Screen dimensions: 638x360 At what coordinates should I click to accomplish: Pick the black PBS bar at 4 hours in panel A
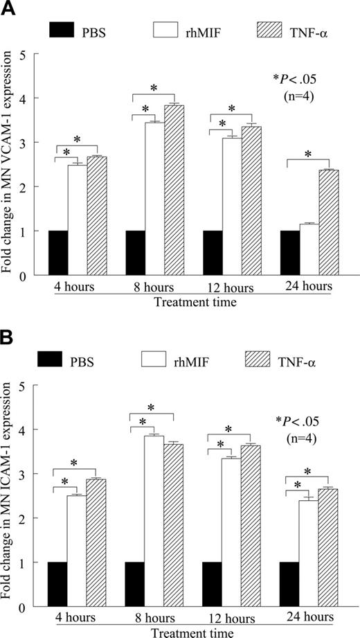click(x=58, y=253)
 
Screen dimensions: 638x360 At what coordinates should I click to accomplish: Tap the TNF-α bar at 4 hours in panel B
click(x=96, y=542)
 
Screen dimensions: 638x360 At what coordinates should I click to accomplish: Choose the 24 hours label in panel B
click(x=309, y=617)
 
